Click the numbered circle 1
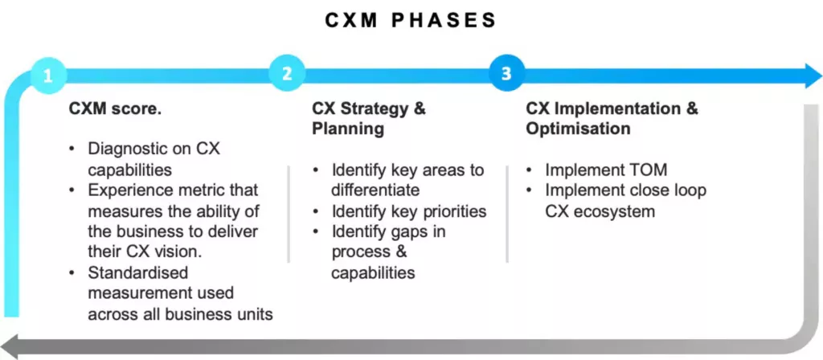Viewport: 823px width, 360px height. click(48, 76)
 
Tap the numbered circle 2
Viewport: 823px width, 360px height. click(286, 74)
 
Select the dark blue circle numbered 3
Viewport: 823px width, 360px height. click(506, 74)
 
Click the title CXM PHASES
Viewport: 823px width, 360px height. click(411, 20)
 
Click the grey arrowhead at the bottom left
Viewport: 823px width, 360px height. click(14, 346)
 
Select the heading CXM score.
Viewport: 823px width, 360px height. click(115, 108)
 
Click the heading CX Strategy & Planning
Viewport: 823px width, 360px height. click(369, 118)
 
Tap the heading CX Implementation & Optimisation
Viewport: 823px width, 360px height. click(612, 118)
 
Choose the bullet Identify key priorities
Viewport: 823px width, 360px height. click(409, 211)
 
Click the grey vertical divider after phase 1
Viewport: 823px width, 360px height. click(289, 214)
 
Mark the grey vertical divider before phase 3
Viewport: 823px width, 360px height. click(507, 214)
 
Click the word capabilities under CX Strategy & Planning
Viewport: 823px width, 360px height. click(373, 273)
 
